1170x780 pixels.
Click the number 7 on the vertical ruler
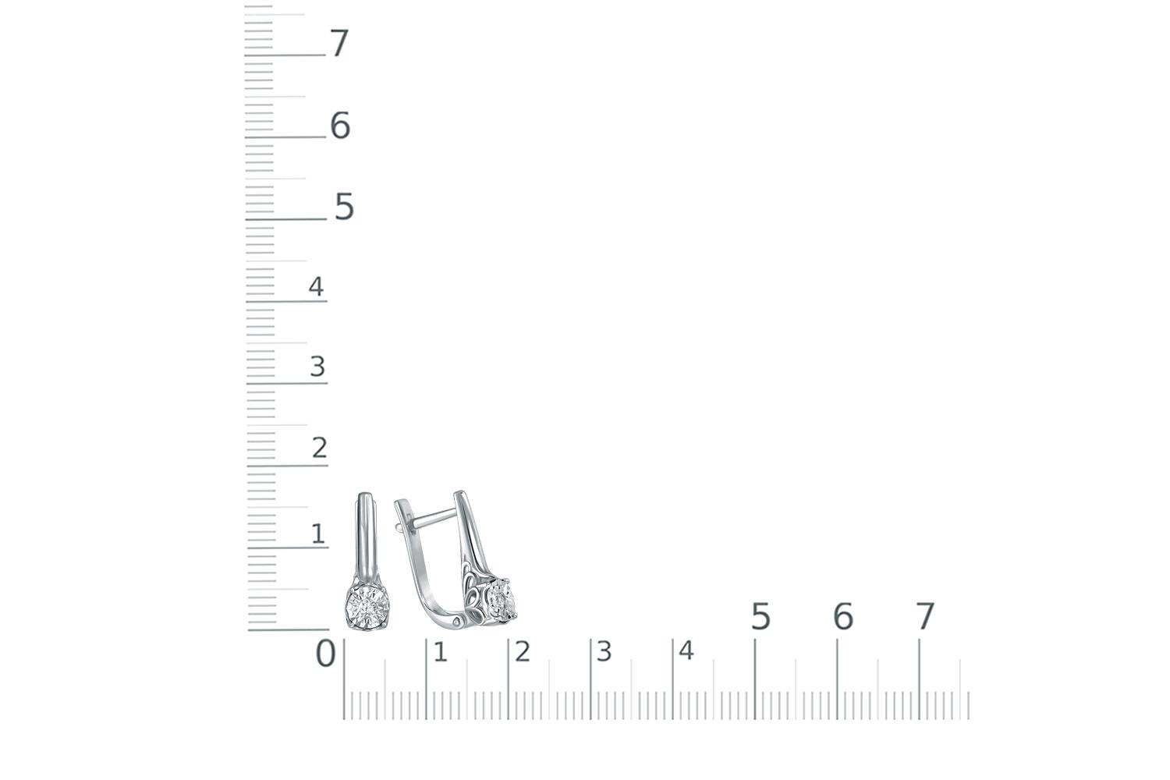[x=339, y=43]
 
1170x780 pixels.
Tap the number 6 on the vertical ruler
[x=340, y=126]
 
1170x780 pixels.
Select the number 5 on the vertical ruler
[x=344, y=207]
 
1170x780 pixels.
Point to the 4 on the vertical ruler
[x=316, y=286]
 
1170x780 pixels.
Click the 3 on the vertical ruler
[x=317, y=367]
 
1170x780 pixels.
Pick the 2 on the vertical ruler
[x=320, y=448]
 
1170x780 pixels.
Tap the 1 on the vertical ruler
[x=318, y=534]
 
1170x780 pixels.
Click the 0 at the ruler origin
[x=325, y=654]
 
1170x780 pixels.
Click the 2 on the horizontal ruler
[x=523, y=652]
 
